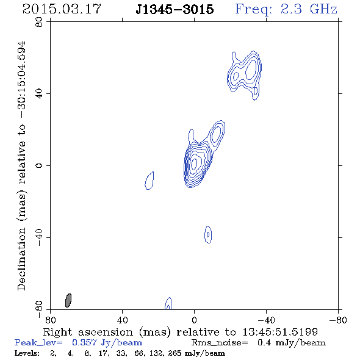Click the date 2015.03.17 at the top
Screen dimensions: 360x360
point(62,9)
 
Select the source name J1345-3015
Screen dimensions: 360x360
point(175,9)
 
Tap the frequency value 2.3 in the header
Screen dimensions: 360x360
point(291,9)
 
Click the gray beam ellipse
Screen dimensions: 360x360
point(68,300)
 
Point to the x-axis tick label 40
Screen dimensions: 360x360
point(122,320)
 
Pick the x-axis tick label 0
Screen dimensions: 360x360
point(194,320)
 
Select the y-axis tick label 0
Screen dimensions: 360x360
point(39,165)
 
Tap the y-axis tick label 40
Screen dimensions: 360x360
point(39,94)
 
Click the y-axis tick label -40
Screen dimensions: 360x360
point(39,237)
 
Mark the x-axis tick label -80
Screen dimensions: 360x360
point(337,320)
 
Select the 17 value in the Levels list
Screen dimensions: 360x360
point(103,353)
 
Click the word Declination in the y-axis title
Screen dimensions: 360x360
point(21,259)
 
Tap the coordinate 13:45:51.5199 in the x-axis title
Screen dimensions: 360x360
point(280,332)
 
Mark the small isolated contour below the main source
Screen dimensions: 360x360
point(208,234)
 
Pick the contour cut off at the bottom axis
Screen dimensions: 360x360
point(168,303)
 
